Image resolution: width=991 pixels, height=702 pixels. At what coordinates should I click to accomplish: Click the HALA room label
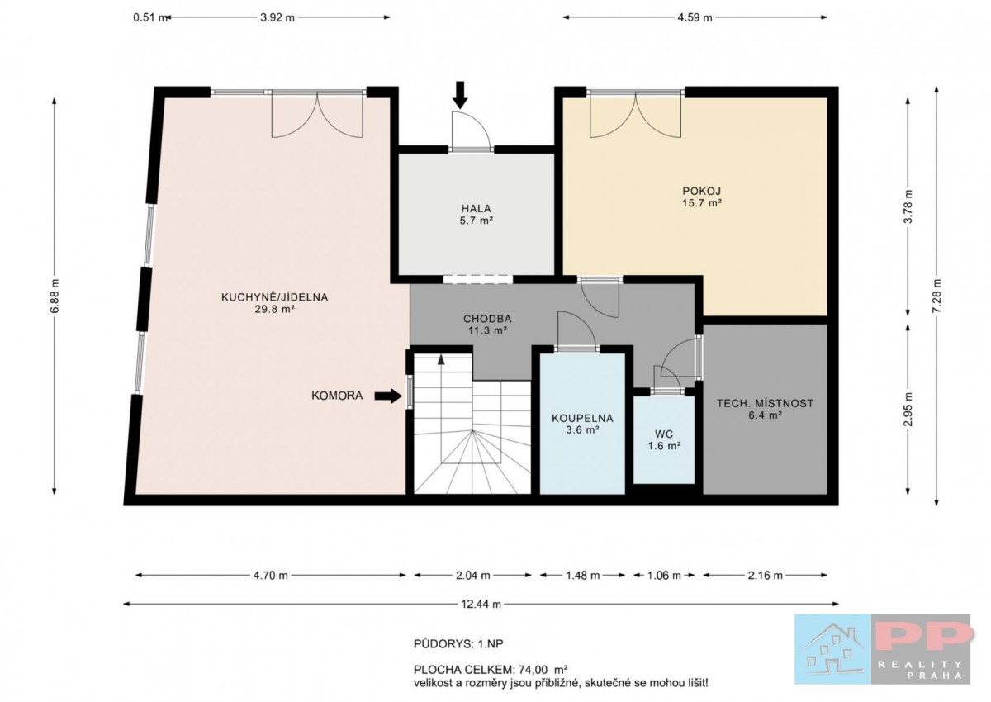477,208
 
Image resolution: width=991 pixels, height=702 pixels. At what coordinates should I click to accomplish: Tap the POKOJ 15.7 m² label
702,197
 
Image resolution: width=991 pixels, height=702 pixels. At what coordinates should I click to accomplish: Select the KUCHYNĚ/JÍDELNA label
275,297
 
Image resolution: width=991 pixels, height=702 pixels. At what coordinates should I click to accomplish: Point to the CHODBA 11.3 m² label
487,325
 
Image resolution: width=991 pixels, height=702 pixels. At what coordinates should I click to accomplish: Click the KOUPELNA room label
583,418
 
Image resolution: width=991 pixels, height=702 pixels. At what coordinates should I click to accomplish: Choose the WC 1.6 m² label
664,440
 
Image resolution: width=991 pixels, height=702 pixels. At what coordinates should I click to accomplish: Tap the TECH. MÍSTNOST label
766,403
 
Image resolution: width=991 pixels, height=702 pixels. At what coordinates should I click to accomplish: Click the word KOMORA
337,396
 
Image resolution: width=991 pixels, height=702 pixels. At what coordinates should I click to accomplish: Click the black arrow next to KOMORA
388,396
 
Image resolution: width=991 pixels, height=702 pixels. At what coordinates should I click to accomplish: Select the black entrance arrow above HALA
461,95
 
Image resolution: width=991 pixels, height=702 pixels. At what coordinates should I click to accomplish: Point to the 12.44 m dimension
481,605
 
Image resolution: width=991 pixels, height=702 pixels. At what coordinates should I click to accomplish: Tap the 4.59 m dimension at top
695,17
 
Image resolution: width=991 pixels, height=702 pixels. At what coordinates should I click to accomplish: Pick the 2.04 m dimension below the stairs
473,576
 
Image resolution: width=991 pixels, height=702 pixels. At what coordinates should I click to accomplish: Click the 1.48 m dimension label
583,576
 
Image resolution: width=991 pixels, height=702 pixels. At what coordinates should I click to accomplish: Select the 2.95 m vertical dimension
908,409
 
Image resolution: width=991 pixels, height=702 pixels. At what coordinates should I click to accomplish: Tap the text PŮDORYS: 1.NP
458,644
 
